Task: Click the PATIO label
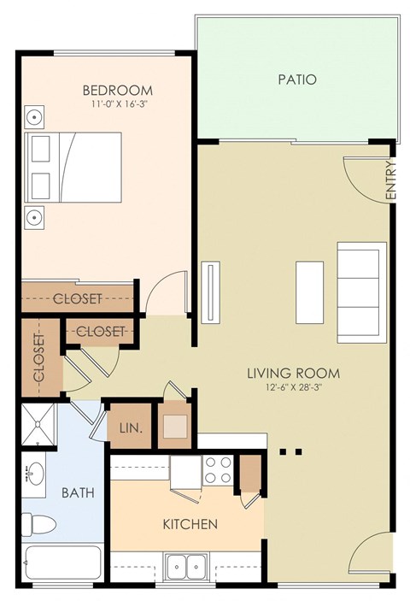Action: pos(297,80)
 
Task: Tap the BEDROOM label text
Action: pos(117,91)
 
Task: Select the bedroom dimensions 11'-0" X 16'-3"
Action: pos(117,106)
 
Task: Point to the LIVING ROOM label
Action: pos(293,374)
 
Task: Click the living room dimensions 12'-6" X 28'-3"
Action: pos(293,388)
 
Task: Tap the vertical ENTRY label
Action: pos(391,181)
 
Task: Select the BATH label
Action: pos(77,493)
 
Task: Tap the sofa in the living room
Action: pos(361,289)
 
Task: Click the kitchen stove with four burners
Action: pos(217,468)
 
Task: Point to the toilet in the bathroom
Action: pos(38,523)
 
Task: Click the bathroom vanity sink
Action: pos(33,474)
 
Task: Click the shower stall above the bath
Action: pos(38,425)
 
